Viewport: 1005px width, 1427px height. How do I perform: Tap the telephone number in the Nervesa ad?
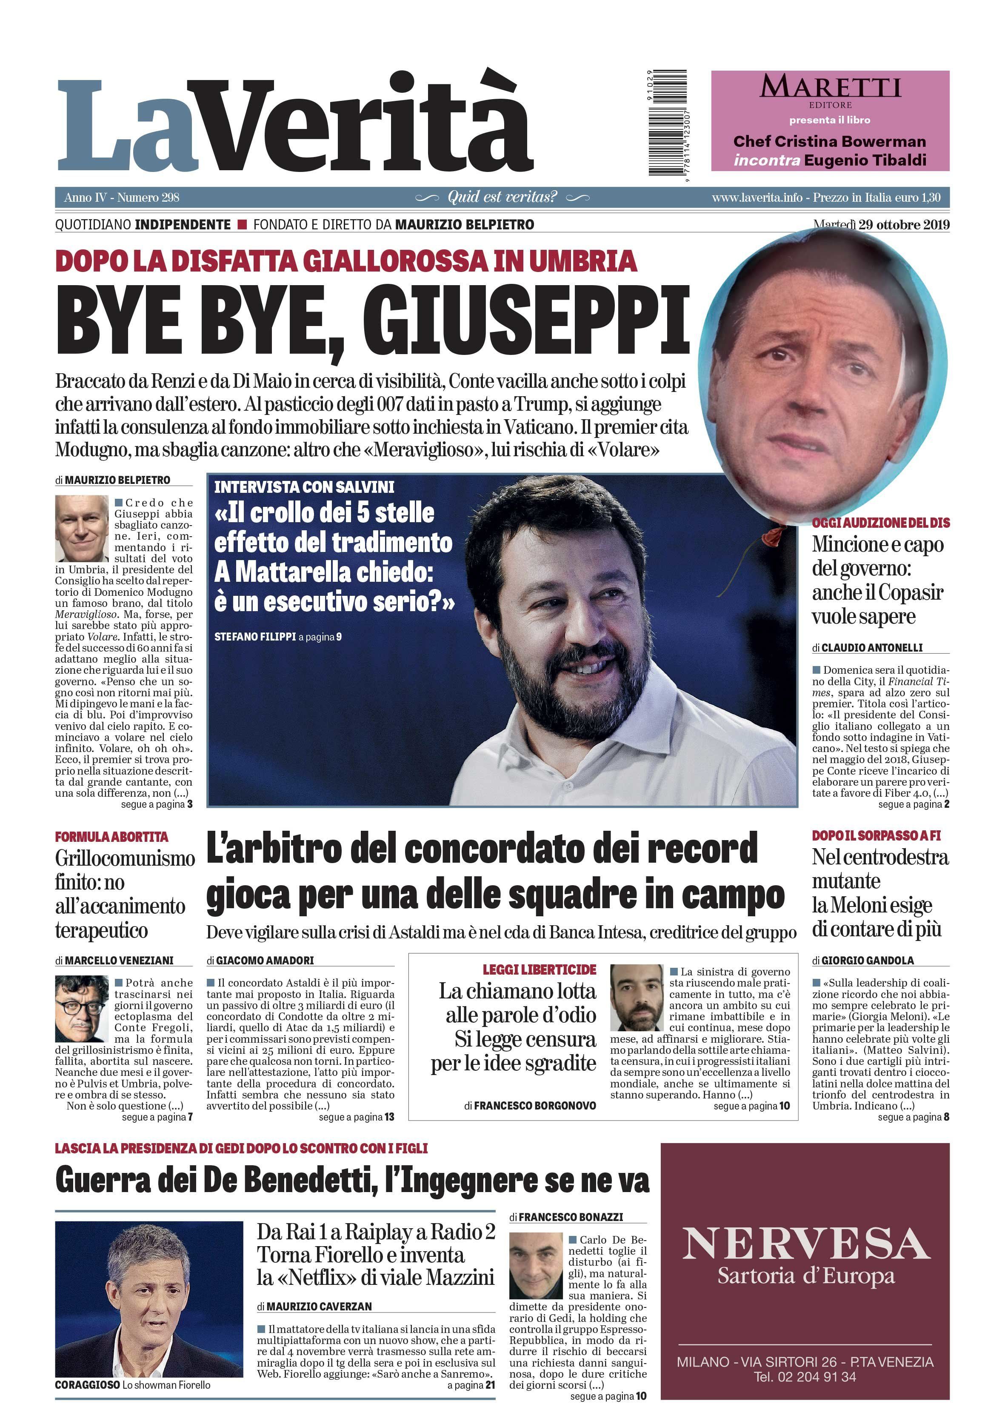tap(805, 1377)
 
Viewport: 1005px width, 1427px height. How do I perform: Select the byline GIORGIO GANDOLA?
tap(867, 960)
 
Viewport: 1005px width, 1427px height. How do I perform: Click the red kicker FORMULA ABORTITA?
tap(112, 837)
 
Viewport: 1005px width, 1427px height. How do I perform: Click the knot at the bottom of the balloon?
tap(773, 533)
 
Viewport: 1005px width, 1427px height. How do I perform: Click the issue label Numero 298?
tap(148, 197)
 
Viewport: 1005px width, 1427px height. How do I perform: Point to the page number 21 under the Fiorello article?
tap(491, 1385)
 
